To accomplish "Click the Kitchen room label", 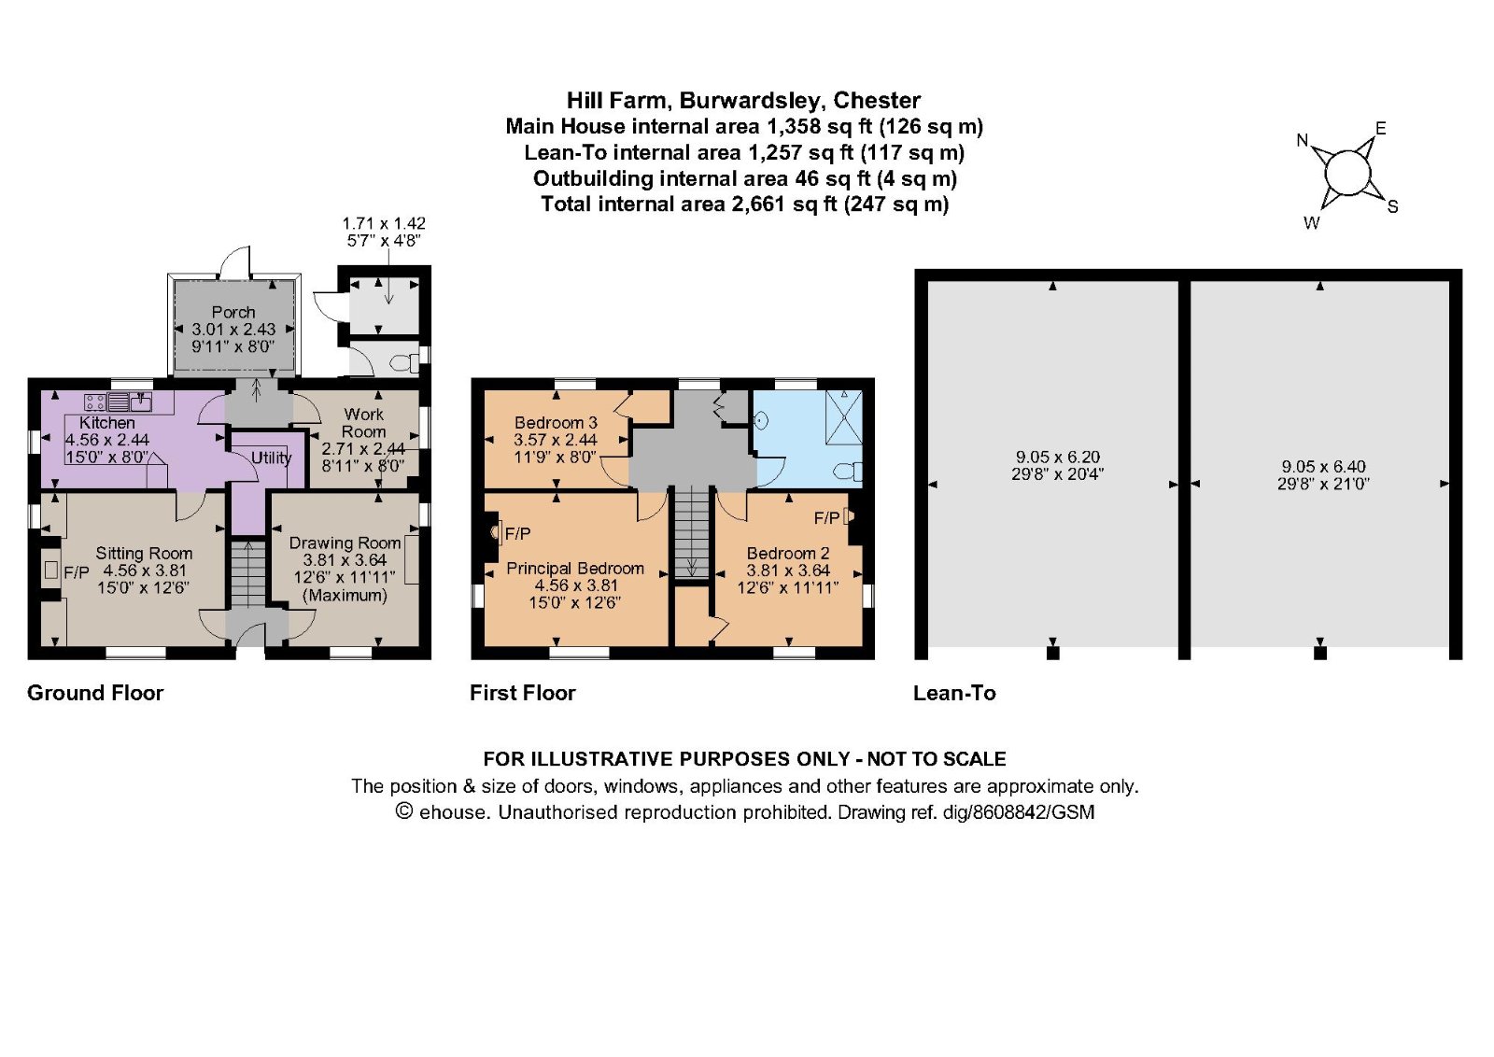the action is tap(106, 423).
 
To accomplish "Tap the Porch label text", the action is tap(233, 312).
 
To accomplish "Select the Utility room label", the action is tap(272, 458).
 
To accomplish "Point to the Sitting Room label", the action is tap(144, 553).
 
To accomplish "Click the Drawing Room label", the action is tap(345, 543).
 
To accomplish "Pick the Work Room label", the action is tap(363, 423).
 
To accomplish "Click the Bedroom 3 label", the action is tap(556, 423).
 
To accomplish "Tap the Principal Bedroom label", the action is tap(575, 568).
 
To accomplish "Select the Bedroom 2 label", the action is tap(788, 553).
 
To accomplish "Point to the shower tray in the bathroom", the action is tap(844, 417).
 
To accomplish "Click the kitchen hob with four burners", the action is tap(94, 402).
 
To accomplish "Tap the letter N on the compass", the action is tap(1303, 140).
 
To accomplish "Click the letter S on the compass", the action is tap(1392, 206).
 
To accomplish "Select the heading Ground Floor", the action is tap(95, 693).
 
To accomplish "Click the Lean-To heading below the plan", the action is tap(954, 693).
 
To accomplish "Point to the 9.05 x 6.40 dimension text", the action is tap(1323, 467).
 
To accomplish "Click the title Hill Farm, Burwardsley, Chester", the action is tap(743, 100).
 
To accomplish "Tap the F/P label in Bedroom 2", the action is tap(827, 518).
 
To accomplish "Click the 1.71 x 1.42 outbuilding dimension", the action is tap(384, 223).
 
